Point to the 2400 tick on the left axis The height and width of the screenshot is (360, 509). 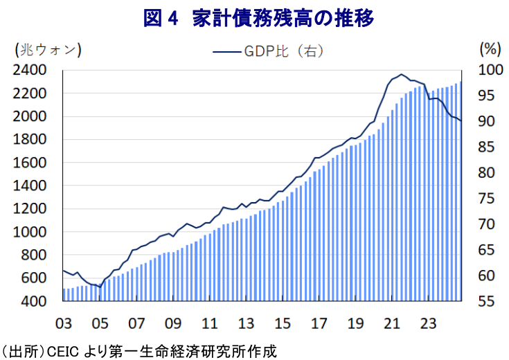pyautogui.click(x=29, y=71)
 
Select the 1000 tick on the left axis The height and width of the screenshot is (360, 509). pyautogui.click(x=29, y=233)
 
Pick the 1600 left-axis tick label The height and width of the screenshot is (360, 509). pyautogui.click(x=29, y=163)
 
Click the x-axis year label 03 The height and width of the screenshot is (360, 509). pyautogui.click(x=64, y=323)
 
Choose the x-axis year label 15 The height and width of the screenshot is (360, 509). pyautogui.click(x=283, y=323)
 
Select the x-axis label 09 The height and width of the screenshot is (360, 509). pyautogui.click(x=173, y=323)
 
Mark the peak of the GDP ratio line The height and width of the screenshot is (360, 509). pyautogui.click(x=402, y=74)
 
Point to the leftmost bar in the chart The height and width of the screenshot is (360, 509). pyautogui.click(x=64, y=294)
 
